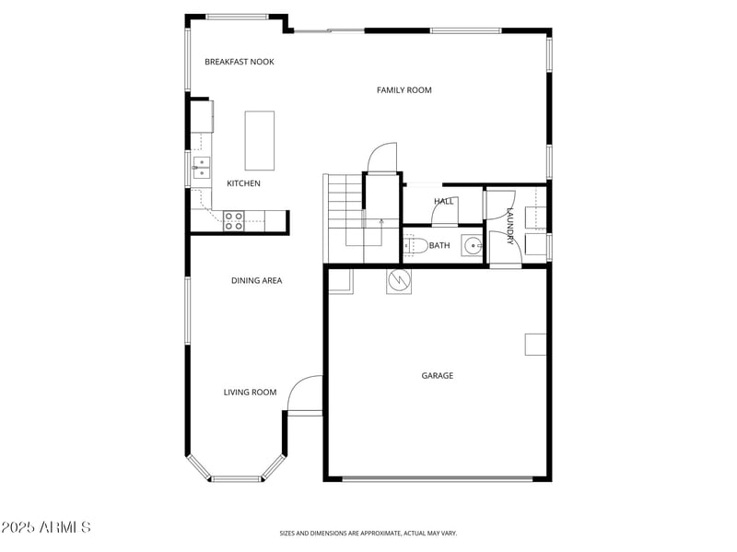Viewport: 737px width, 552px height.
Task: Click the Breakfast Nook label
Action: click(240, 62)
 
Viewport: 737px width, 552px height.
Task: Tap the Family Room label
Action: click(404, 90)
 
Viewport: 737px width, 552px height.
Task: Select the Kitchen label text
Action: click(243, 183)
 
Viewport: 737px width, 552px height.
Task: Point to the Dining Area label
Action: click(256, 280)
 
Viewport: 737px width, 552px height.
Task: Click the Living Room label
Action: click(250, 393)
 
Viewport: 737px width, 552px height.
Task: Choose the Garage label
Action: click(438, 375)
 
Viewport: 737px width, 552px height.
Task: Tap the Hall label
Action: click(444, 201)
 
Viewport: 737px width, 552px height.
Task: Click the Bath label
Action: click(439, 245)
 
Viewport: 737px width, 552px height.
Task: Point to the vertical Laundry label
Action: click(509, 226)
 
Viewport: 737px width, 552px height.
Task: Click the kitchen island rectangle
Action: click(259, 140)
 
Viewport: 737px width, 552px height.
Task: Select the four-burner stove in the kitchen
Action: click(234, 220)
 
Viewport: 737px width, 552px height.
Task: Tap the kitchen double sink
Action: click(201, 166)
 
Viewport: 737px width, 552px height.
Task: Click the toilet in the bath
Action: click(415, 245)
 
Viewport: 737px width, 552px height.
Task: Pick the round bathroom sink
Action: click(473, 245)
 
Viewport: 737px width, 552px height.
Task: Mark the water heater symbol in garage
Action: click(399, 280)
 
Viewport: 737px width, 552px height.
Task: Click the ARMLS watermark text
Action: click(46, 528)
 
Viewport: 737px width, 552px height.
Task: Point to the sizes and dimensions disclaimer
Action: click(368, 533)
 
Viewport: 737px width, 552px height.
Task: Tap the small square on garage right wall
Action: click(536, 344)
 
